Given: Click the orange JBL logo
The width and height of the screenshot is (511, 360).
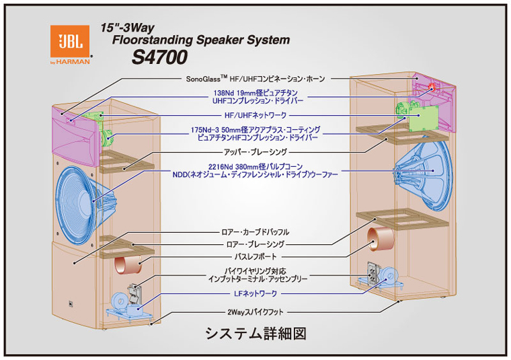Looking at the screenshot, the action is pyautogui.click(x=70, y=41).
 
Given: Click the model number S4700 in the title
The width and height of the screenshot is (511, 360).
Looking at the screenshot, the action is pyautogui.click(x=159, y=57).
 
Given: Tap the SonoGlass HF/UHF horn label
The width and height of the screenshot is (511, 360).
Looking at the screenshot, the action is pyautogui.click(x=255, y=79).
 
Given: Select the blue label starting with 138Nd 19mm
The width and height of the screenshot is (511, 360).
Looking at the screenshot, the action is pyautogui.click(x=258, y=97).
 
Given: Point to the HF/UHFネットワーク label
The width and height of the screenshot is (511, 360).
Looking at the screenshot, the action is pyautogui.click(x=255, y=115).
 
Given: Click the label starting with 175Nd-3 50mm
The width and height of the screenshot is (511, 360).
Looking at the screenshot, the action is pyautogui.click(x=255, y=134).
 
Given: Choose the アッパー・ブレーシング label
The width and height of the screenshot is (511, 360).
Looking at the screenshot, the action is pyautogui.click(x=255, y=152).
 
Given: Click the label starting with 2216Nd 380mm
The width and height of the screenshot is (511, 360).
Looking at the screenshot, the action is pyautogui.click(x=255, y=170).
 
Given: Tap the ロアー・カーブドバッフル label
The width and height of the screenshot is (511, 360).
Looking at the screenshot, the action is pyautogui.click(x=255, y=232).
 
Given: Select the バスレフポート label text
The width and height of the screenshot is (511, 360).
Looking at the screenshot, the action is pyautogui.click(x=255, y=256).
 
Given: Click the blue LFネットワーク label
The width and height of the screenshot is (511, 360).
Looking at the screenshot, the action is pyautogui.click(x=255, y=293).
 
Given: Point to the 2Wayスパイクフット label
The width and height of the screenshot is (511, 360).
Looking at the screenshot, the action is pyautogui.click(x=255, y=312).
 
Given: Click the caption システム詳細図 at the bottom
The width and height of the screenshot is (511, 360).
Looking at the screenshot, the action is pyautogui.click(x=255, y=334).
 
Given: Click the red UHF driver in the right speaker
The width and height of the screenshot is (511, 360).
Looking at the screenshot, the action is pyautogui.click(x=432, y=87).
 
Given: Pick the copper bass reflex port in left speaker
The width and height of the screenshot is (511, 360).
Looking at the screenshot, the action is pyautogui.click(x=128, y=264).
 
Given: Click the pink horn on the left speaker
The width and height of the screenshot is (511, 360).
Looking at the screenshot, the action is pyautogui.click(x=75, y=135).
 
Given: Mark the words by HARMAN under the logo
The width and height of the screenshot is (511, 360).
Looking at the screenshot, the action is pyautogui.click(x=70, y=62).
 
